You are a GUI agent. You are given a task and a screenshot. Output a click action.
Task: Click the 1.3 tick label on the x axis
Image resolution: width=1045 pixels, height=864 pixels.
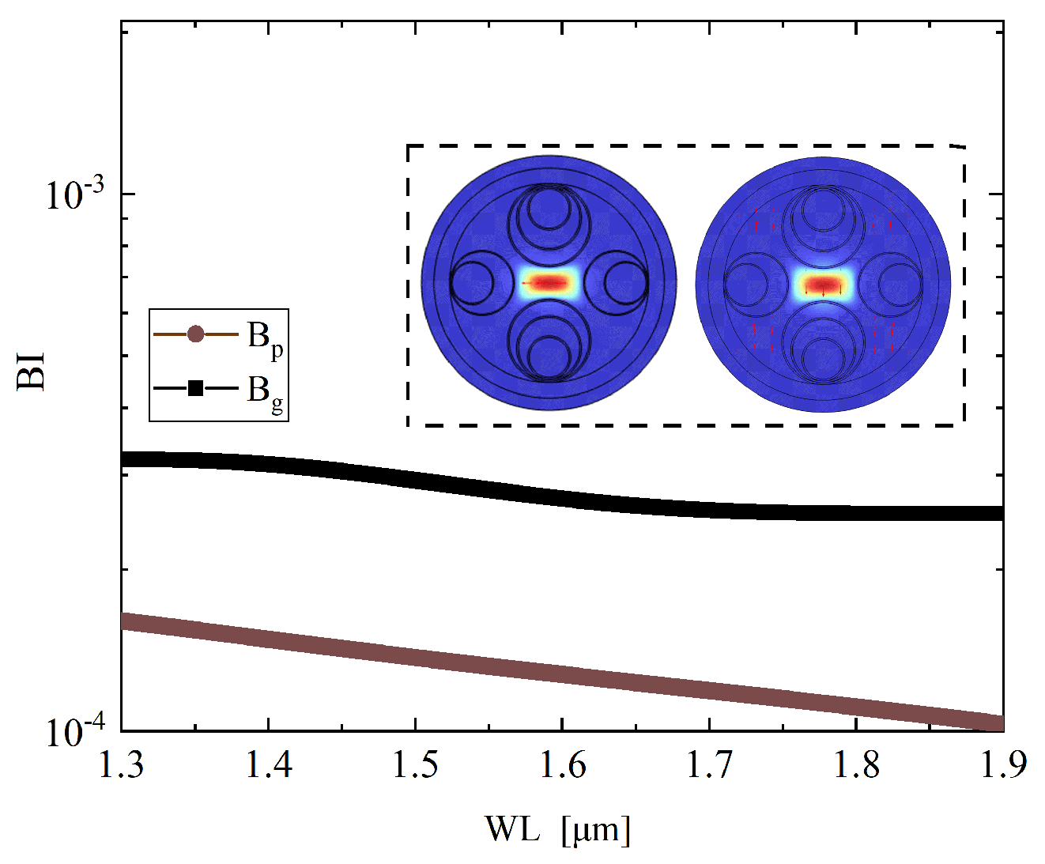pos(122,766)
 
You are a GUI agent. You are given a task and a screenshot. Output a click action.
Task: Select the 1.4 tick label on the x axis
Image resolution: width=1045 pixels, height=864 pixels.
pos(269,766)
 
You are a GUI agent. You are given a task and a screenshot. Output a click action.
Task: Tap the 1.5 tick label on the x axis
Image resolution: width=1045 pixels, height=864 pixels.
pos(416,766)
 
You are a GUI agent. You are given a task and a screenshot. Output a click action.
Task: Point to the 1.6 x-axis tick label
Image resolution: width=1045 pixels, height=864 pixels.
pos(562,766)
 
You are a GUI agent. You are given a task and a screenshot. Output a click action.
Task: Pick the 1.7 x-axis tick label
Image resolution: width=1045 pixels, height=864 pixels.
pos(709,766)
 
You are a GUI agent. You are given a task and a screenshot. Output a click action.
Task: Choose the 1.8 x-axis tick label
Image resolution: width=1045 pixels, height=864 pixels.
pos(856,766)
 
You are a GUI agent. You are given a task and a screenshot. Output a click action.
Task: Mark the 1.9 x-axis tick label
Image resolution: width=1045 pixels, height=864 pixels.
pos(1002,766)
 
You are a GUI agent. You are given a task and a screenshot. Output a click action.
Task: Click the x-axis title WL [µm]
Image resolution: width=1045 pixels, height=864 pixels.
pos(558,829)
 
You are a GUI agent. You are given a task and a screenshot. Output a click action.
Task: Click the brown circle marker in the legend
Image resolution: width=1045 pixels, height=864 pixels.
pos(195,335)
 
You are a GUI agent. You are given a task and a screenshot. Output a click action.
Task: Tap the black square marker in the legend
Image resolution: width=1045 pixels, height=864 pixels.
pos(195,388)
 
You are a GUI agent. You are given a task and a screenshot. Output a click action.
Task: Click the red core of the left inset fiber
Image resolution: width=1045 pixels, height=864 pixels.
pos(549,282)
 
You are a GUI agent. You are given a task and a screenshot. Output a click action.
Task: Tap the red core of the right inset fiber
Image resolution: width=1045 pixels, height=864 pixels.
pos(823,284)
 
